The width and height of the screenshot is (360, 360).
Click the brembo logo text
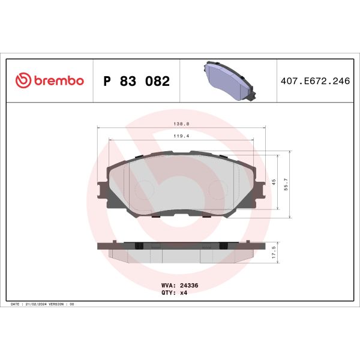click(58, 81)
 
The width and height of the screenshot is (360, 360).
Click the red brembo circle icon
click(22, 81)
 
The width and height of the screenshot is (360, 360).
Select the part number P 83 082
click(137, 81)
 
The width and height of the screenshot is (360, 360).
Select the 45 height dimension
click(274, 182)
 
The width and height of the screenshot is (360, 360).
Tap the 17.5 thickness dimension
click(274, 251)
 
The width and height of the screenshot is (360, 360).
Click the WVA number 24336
click(188, 286)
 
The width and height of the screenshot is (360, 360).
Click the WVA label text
click(168, 286)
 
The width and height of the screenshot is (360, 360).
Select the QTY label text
click(168, 293)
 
